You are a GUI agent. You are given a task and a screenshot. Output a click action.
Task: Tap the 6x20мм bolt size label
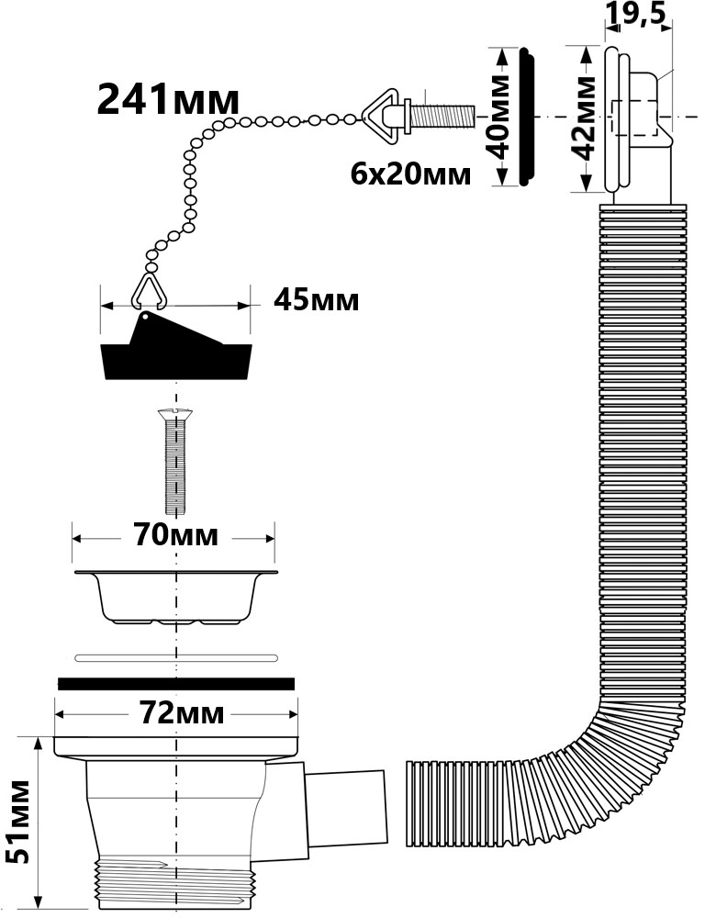pos(410,173)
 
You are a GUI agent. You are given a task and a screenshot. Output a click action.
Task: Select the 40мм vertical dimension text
pos(496,118)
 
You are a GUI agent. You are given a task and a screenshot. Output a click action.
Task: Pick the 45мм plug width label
pos(316,301)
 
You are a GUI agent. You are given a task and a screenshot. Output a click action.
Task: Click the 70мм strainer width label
pos(175,534)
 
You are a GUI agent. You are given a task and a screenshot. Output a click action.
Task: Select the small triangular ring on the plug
pos(147,289)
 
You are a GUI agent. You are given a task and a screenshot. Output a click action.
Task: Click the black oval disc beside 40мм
pos(527,118)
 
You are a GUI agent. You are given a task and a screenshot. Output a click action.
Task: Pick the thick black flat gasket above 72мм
pos(175,683)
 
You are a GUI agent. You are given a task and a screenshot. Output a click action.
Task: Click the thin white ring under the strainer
pos(175,657)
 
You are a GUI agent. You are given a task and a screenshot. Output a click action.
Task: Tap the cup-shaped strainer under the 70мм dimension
pos(175,597)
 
